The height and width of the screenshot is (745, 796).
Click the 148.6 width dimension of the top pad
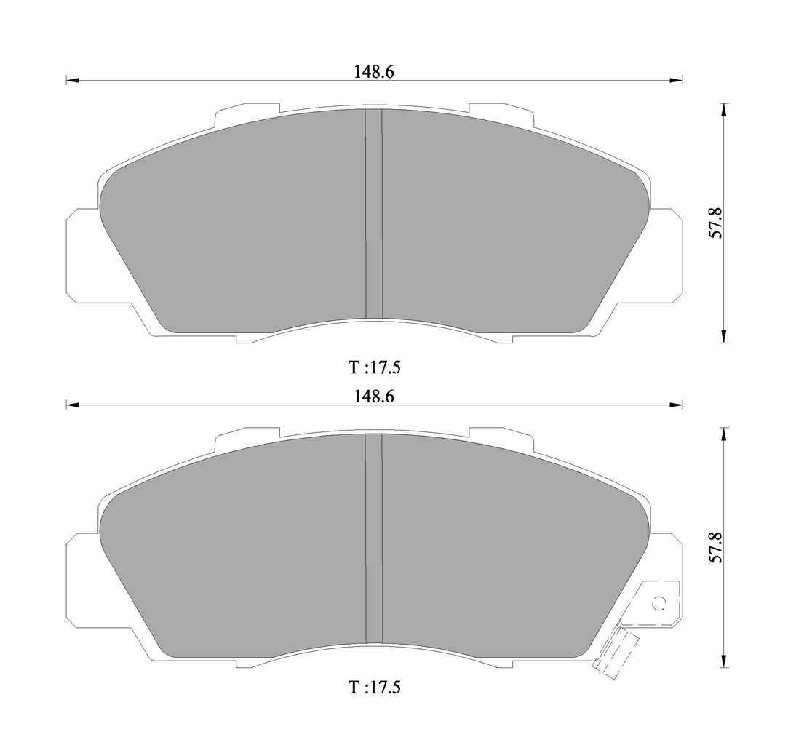(x=374, y=71)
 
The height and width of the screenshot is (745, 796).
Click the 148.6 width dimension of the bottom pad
(x=374, y=397)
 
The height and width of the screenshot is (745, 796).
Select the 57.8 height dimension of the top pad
(x=715, y=223)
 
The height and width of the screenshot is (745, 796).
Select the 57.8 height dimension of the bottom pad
(x=715, y=548)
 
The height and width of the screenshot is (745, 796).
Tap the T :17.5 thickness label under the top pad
(x=374, y=367)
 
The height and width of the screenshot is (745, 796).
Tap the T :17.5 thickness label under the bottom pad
(x=374, y=687)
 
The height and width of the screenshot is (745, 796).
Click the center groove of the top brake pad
(x=373, y=215)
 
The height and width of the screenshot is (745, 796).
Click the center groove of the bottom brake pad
(x=373, y=538)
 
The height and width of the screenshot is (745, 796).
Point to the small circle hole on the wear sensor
(x=659, y=603)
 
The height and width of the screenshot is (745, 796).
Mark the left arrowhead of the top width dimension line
(x=71, y=81)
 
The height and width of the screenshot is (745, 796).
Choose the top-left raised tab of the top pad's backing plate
(x=247, y=111)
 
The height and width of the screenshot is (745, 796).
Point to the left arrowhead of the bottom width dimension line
(x=71, y=405)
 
